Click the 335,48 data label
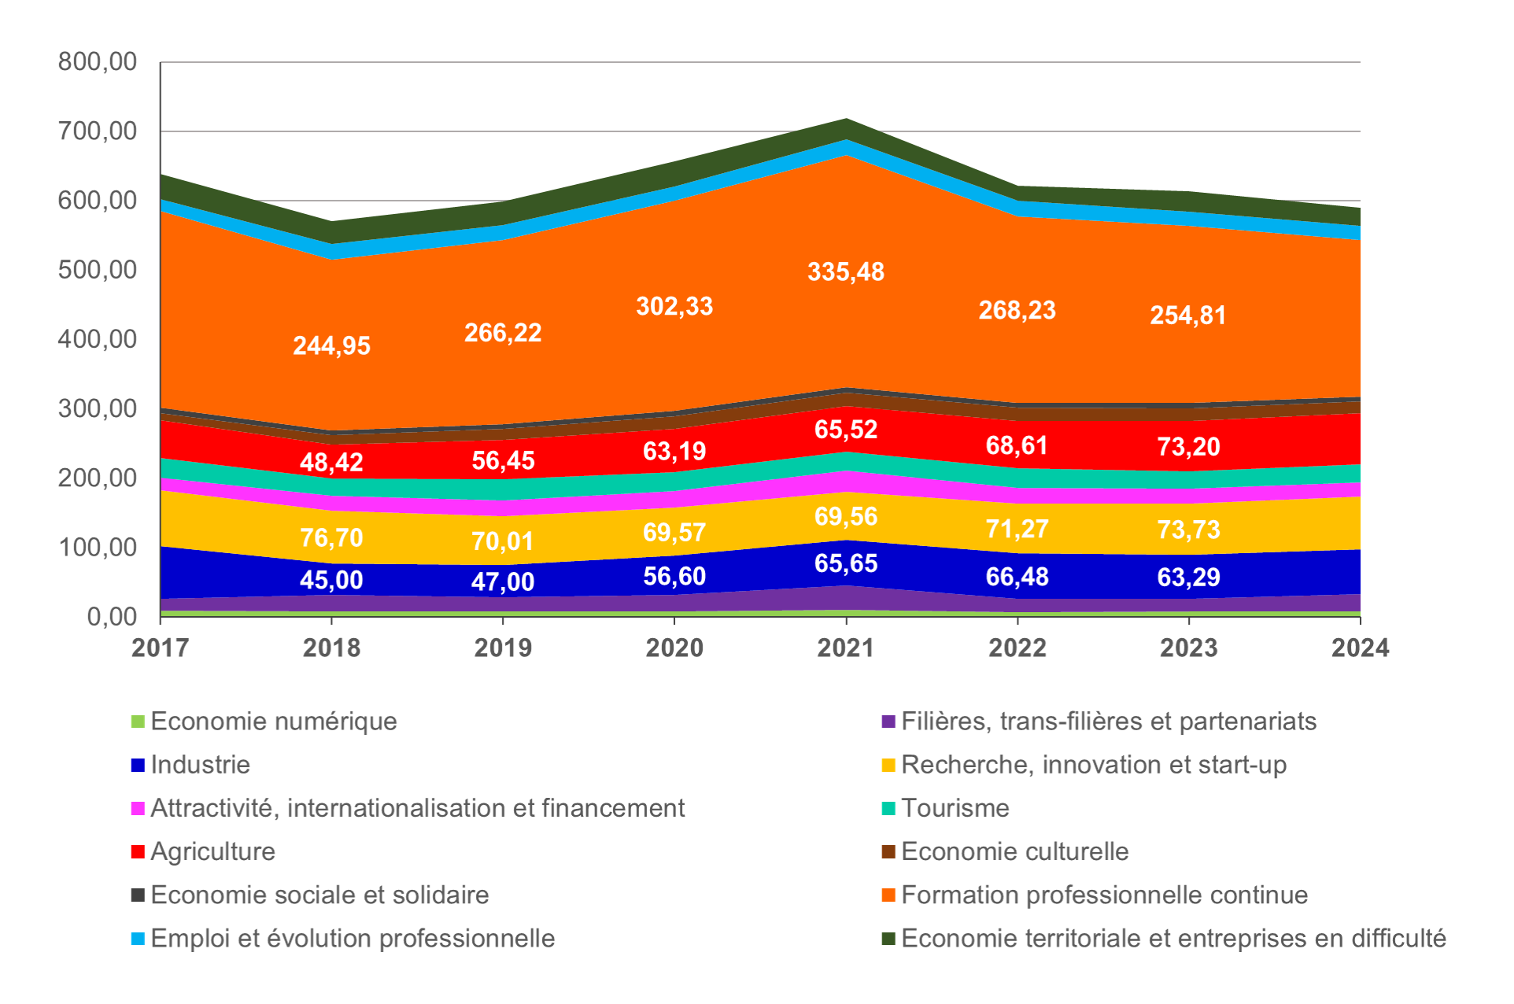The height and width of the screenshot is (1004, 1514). (x=846, y=272)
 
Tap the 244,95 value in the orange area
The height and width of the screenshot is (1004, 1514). (x=331, y=346)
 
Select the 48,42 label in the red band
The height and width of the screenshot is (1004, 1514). (x=331, y=462)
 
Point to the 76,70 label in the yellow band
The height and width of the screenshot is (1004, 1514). (x=331, y=538)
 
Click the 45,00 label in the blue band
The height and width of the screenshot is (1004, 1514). (x=331, y=581)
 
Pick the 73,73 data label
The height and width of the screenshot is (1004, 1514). (x=1188, y=530)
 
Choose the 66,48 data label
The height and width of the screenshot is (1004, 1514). (x=1017, y=577)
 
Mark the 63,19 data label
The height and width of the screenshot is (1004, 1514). (x=674, y=452)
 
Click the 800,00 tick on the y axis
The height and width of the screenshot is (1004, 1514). (x=98, y=61)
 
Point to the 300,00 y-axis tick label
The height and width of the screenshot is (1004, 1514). (x=98, y=408)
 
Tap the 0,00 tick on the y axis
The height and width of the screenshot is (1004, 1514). (x=112, y=616)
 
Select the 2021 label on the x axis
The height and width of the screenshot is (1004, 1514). (x=846, y=648)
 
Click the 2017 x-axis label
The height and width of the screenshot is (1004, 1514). (x=161, y=648)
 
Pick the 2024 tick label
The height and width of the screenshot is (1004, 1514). (x=1361, y=648)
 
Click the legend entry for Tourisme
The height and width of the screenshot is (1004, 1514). (x=955, y=808)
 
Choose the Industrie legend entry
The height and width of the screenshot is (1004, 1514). (x=201, y=765)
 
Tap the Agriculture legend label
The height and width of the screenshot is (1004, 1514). (x=213, y=851)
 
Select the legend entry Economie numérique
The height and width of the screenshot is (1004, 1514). (x=274, y=722)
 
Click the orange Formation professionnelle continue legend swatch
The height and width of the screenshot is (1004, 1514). (x=888, y=895)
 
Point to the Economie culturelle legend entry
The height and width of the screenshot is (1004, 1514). (x=1015, y=851)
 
